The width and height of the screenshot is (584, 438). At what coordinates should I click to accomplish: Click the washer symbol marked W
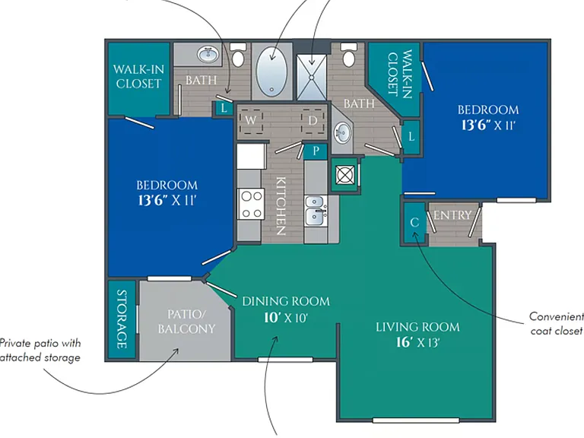pos(252,121)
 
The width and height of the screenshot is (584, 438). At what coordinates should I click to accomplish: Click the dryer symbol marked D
pos(313,121)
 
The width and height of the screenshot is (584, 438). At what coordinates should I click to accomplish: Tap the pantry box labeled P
pos(316,151)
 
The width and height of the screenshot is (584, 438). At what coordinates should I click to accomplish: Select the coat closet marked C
pos(414,223)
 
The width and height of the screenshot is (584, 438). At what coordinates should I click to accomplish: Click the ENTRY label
pos(452,215)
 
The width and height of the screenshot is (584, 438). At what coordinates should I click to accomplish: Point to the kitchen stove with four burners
pos(252,204)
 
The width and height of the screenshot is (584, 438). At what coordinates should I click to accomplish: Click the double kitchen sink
pos(316,211)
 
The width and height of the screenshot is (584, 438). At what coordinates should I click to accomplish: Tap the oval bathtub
pos(272,71)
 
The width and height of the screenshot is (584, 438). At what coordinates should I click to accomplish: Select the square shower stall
pos(312,78)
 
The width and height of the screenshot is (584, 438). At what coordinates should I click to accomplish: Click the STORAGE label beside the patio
pos(122,319)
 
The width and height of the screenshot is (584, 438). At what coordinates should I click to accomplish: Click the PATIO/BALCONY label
pos(186,322)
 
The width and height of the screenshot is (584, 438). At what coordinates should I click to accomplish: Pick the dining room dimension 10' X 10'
pos(286,318)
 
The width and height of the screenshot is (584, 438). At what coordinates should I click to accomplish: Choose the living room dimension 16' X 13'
pos(418,342)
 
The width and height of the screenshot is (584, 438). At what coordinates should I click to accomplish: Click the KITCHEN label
pos(281,206)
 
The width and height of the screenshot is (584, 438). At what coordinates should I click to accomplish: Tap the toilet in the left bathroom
pos(238,55)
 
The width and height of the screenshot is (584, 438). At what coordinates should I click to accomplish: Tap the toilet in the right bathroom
pos(348,55)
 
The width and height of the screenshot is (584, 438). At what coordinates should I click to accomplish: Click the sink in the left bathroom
pos(208,55)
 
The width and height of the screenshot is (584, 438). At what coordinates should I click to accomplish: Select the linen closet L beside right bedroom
pos(411,137)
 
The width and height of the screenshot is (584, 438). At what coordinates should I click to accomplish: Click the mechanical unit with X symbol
pos(345,175)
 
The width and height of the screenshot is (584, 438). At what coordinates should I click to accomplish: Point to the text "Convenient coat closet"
pos(557,324)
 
